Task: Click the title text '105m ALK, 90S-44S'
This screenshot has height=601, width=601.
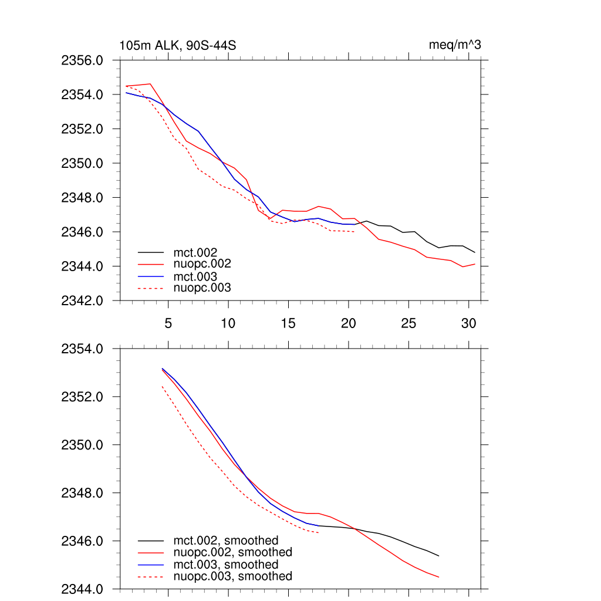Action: pos(178,46)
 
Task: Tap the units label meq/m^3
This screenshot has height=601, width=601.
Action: pos(455,45)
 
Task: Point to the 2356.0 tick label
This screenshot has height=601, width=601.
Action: pos(83,60)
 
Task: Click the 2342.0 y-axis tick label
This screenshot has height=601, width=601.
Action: pos(83,301)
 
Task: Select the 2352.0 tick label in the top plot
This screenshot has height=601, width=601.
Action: pos(83,129)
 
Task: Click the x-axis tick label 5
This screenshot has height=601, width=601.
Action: pos(168,323)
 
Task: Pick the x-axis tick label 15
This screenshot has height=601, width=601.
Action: pos(288,323)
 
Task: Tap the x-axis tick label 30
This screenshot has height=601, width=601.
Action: pos(468,323)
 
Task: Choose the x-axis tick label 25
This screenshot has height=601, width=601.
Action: pos(408,323)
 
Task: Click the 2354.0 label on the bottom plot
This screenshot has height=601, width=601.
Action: pos(83,349)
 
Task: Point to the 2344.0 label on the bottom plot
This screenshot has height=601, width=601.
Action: pos(83,589)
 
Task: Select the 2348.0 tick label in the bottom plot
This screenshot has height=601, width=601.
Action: pos(83,493)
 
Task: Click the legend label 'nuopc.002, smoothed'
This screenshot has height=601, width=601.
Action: pos(232,552)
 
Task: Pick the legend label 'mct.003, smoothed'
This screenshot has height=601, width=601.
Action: pos(226,565)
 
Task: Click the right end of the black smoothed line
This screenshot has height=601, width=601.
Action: pos(438,556)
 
